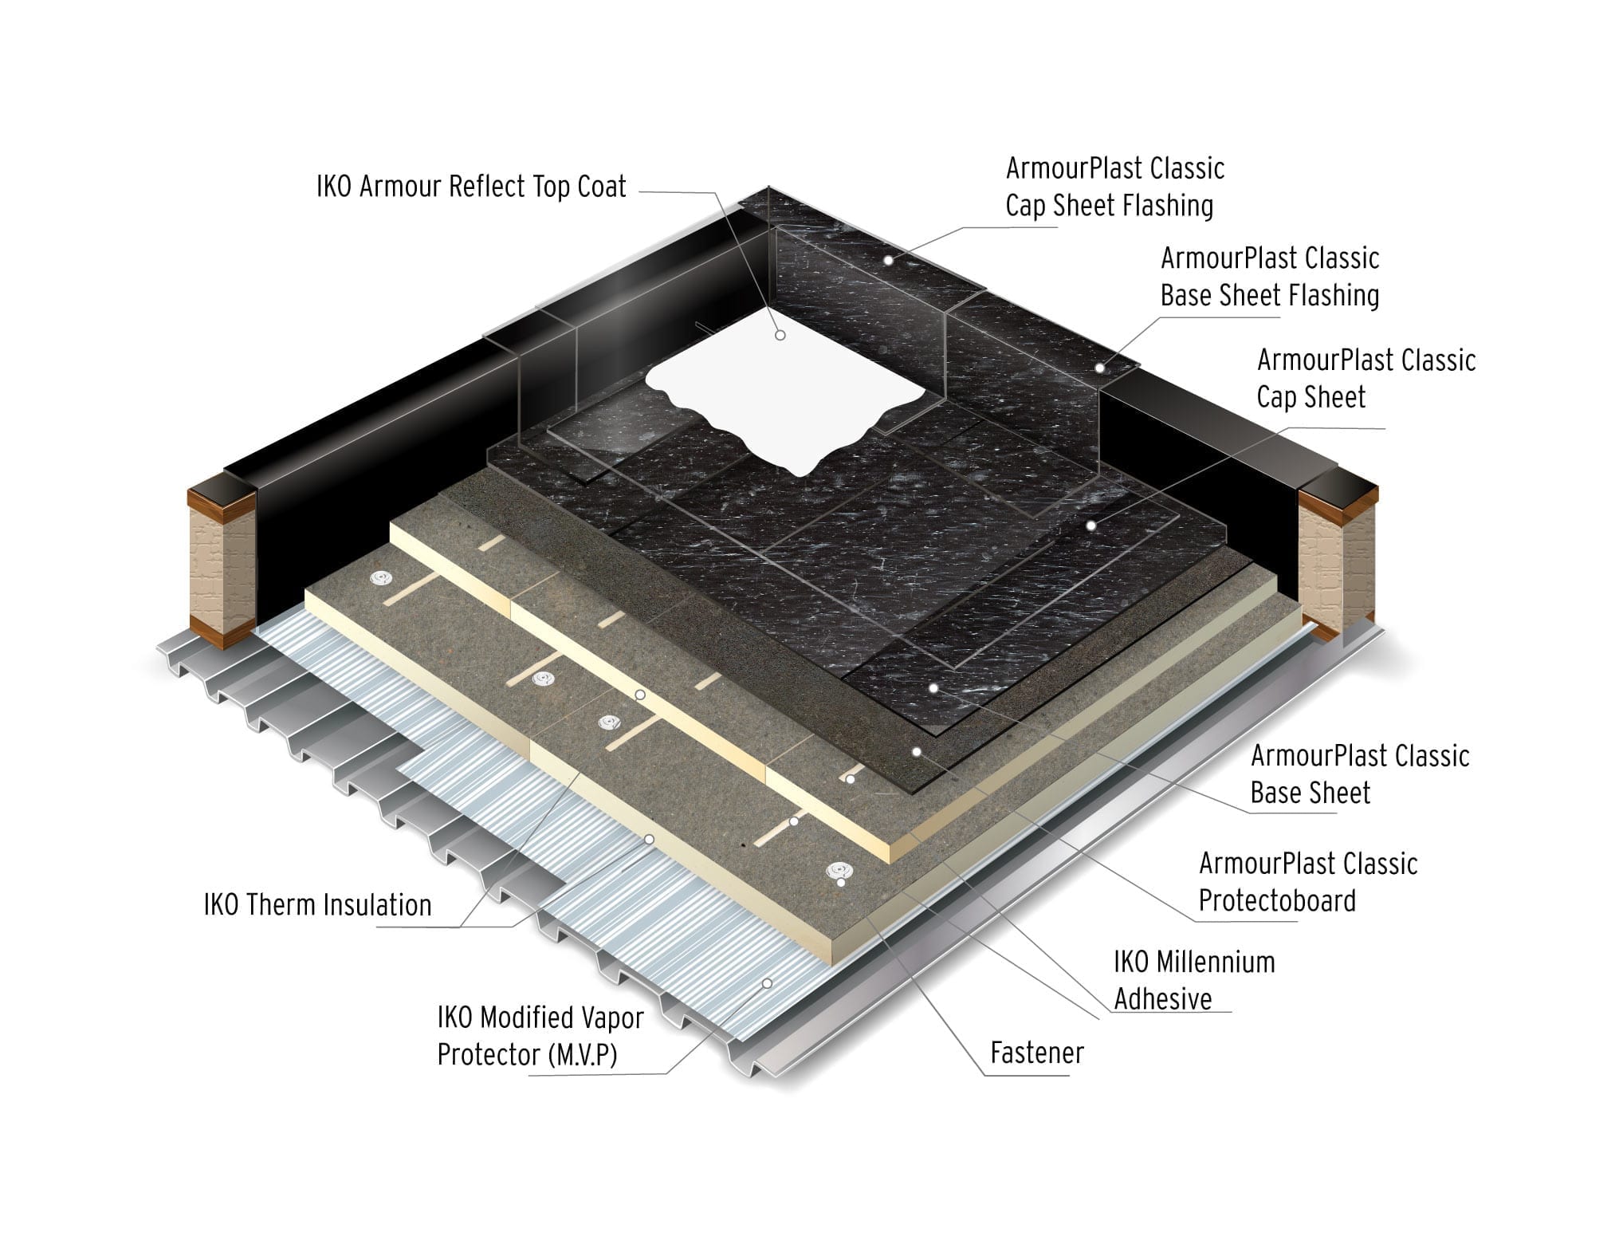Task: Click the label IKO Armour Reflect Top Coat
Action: pyautogui.click(x=471, y=187)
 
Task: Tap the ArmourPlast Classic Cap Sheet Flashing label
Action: pyautogui.click(x=1114, y=187)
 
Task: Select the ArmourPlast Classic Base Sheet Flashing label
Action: pyautogui.click(x=1270, y=277)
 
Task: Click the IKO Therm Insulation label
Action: pyautogui.click(x=317, y=905)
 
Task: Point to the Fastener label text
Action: pyautogui.click(x=1037, y=1053)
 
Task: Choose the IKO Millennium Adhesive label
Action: pyautogui.click(x=1194, y=980)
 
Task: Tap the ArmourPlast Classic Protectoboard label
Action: pyautogui.click(x=1308, y=882)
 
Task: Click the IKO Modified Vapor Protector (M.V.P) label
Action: pyautogui.click(x=540, y=1036)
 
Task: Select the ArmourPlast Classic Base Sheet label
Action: pyautogui.click(x=1360, y=774)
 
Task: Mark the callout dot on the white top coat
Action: pyautogui.click(x=780, y=336)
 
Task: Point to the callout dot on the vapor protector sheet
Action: pyautogui.click(x=767, y=983)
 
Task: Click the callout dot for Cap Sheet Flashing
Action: pyautogui.click(x=887, y=261)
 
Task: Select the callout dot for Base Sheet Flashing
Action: pyautogui.click(x=1099, y=368)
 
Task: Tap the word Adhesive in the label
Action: pyautogui.click(x=1163, y=998)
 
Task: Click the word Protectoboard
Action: pyautogui.click(x=1277, y=900)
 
